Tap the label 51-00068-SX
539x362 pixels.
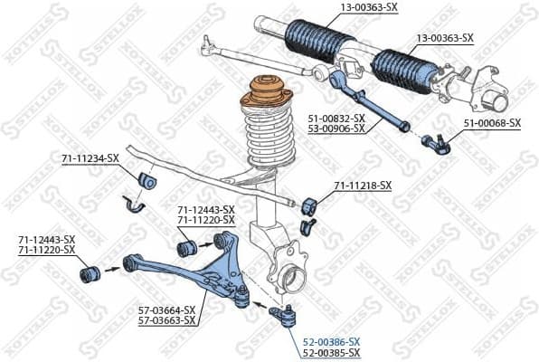tap(492, 122)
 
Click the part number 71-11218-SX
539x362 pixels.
tap(363, 186)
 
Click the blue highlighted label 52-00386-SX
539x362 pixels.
tap(331, 341)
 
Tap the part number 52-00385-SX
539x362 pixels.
tap(331, 352)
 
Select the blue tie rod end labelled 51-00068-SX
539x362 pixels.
tap(436, 142)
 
